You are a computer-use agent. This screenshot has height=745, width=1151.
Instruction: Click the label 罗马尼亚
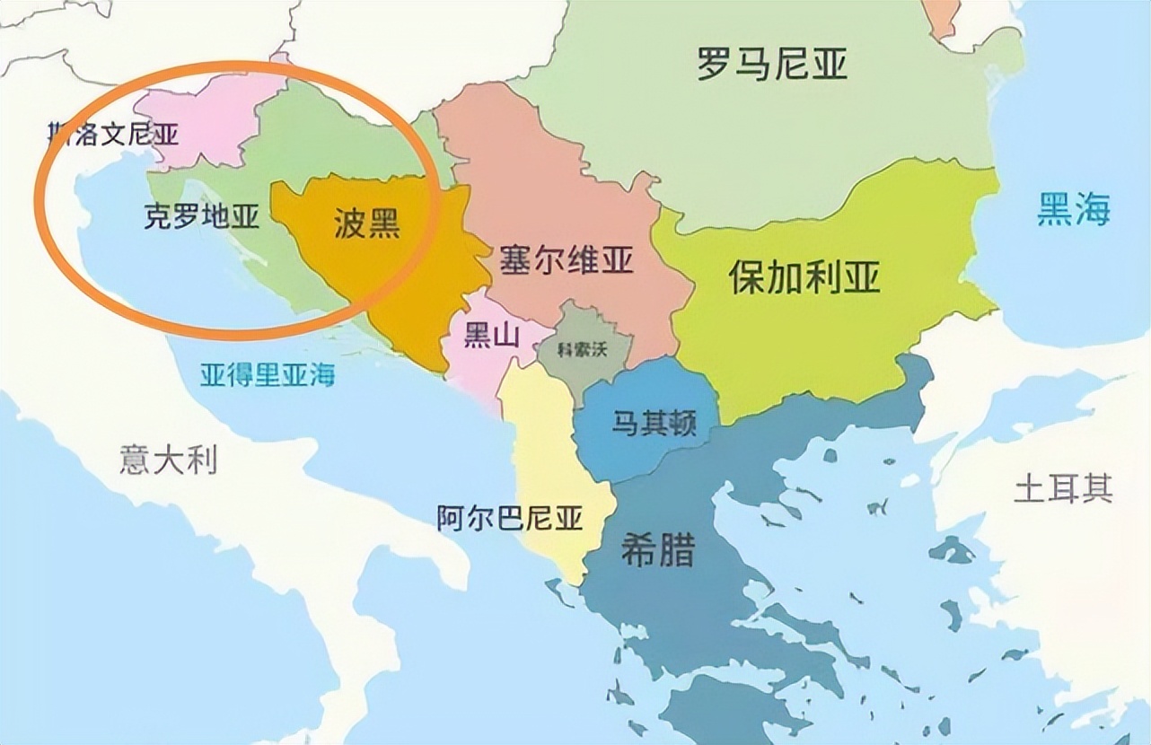pos(772,65)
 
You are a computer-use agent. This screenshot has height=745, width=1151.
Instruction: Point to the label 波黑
pos(366,224)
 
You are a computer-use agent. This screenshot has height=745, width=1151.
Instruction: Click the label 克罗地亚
pos(201,216)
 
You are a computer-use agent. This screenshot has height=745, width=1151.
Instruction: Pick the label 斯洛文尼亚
pos(113,135)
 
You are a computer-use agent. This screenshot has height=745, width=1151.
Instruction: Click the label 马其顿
pos(654,423)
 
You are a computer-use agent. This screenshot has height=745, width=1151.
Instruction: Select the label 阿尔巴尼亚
pos(510,518)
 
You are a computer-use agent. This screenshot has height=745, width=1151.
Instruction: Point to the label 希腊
pos(657,550)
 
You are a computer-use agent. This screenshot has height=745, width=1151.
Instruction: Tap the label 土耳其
pos(1063,488)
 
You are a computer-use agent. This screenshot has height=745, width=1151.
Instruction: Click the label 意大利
pos(168,460)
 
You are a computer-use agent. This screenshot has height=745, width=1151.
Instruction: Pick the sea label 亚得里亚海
pos(267,372)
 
